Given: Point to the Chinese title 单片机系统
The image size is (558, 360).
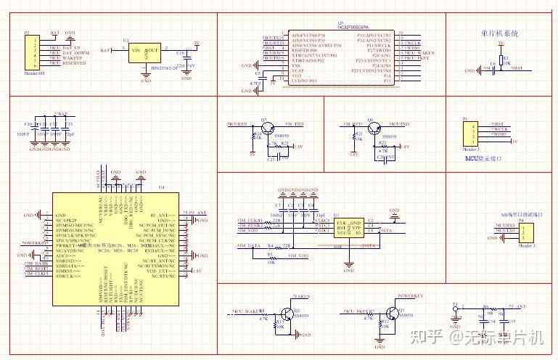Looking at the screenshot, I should [500, 33].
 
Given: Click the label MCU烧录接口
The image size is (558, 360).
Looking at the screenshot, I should [483, 157].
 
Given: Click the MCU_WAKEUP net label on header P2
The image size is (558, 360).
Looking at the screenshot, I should [67, 58].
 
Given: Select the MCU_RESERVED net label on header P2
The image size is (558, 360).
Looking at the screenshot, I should [67, 63].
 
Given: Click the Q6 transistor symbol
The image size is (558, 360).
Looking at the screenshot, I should [371, 128].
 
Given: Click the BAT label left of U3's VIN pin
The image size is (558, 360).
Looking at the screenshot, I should [106, 51].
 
